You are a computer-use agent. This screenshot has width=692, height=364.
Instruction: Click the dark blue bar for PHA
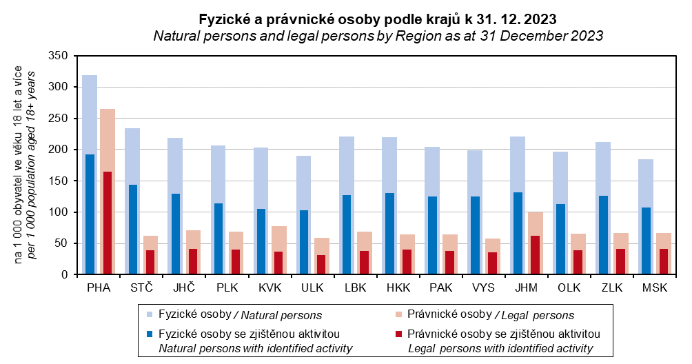click(90, 214)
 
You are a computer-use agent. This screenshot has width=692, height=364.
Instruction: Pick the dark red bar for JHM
click(535, 255)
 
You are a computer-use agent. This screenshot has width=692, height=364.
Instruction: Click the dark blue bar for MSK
click(646, 241)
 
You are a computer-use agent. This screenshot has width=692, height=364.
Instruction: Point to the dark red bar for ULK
click(320, 265)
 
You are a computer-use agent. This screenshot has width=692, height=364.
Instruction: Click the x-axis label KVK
click(269, 287)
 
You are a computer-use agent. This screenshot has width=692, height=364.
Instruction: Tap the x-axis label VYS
click(483, 287)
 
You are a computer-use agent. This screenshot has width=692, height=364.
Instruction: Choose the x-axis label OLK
click(569, 287)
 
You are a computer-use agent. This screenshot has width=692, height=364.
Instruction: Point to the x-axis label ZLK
click(611, 287)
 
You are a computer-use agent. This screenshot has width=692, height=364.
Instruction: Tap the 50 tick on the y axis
click(61, 243)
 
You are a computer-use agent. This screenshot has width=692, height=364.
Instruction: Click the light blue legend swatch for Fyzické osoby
click(150, 314)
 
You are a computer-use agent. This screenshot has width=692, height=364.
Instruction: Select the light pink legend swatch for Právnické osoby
click(398, 314)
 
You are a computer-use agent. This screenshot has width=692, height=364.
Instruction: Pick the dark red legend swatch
click(398, 334)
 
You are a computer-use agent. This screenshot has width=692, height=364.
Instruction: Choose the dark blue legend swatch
click(150, 334)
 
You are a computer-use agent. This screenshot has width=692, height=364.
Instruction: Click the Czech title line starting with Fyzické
click(378, 18)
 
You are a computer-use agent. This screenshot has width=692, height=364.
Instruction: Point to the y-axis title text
click(25, 165)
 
